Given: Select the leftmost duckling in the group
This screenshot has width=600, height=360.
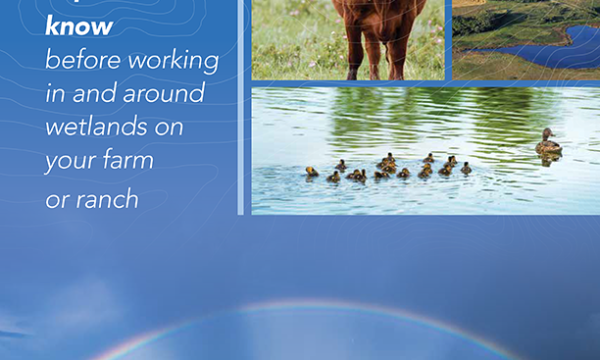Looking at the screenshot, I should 312,172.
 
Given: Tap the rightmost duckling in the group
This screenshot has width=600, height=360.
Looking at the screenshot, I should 465,168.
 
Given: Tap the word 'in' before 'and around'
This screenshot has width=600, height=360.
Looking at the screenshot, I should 55,94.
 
